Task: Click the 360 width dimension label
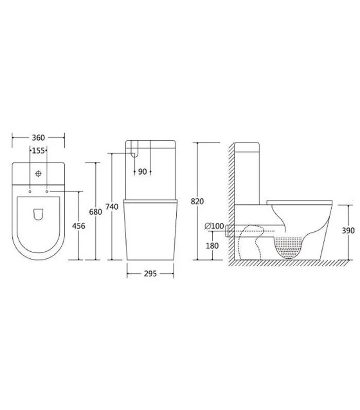[x=38, y=137]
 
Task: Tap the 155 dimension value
[x=38, y=151]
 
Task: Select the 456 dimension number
[x=79, y=226]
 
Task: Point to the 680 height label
[x=96, y=212]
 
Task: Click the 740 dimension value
[x=112, y=207]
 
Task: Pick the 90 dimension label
[x=142, y=172]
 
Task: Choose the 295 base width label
[x=150, y=273]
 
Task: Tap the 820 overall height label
[x=197, y=201]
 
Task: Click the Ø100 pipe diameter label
[x=214, y=226]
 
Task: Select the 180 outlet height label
[x=212, y=246]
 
